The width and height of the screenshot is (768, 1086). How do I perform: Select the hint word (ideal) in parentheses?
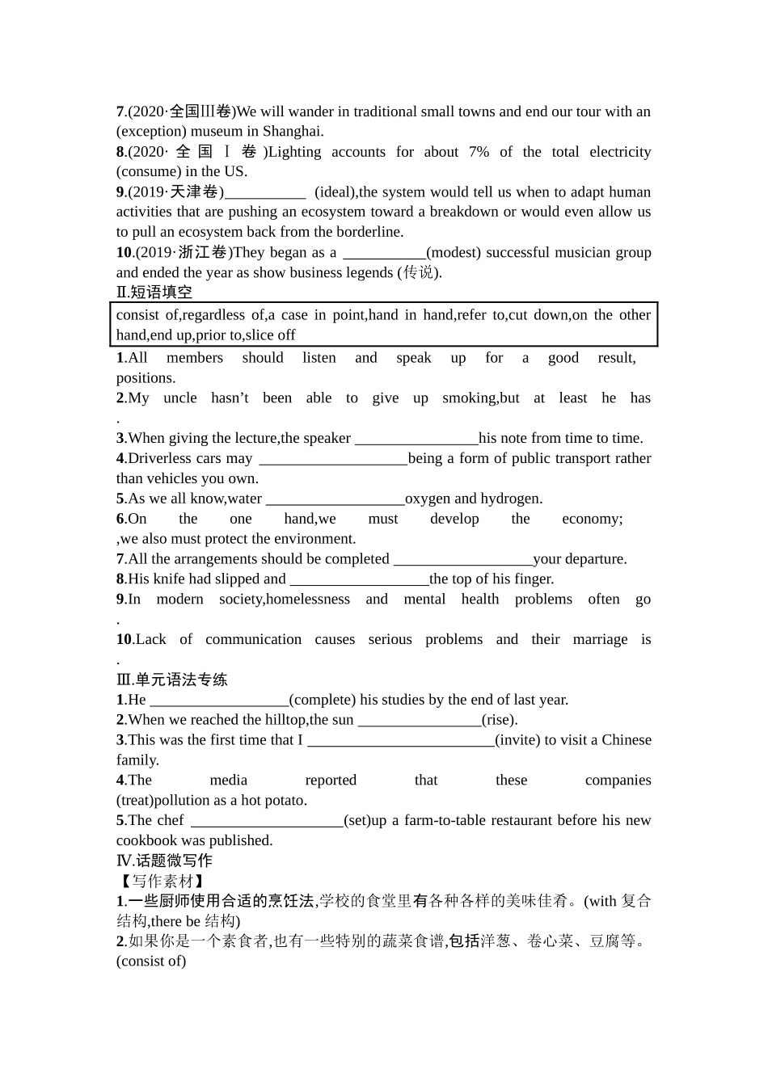335,192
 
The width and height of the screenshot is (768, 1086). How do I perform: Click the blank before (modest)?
384,253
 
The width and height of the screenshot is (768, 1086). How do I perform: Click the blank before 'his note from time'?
416,439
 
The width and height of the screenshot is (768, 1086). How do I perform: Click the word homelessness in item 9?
307,600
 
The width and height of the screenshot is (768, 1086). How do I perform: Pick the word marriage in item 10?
600,640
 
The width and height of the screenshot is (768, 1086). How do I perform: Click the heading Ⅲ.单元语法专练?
172,680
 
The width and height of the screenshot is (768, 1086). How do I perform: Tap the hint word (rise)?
500,720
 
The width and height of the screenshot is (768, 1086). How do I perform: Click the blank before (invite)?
400,740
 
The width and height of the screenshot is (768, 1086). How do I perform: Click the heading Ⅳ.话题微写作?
164,861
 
